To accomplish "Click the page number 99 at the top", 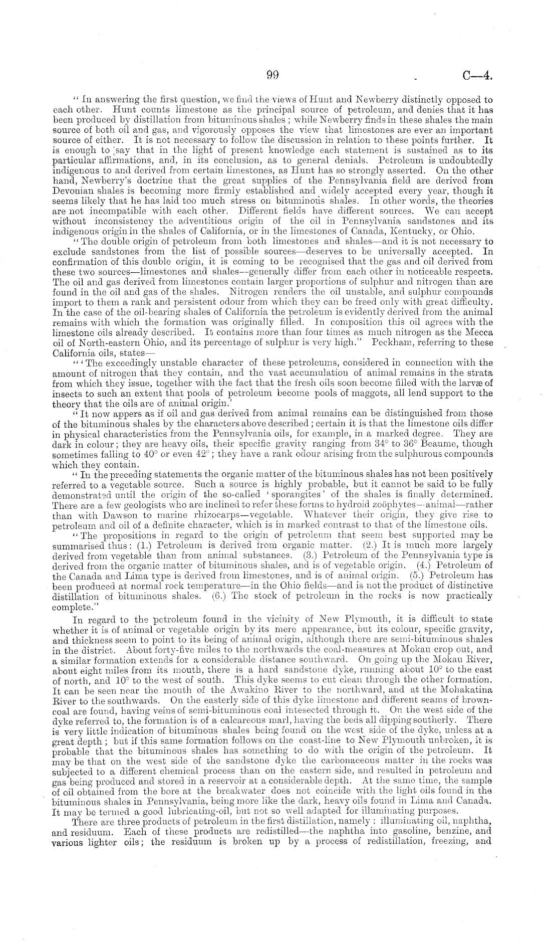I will [272, 76].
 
